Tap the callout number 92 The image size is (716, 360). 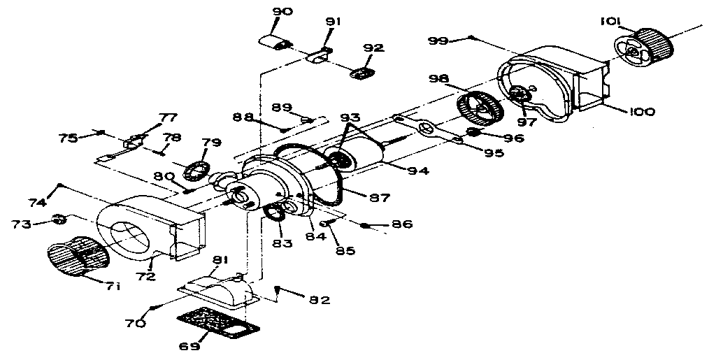click(373, 48)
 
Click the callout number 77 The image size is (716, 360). click(169, 117)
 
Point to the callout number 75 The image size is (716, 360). click(67, 138)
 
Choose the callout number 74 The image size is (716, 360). click(38, 202)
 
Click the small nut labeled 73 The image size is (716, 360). click(60, 221)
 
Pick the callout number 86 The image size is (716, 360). click(402, 224)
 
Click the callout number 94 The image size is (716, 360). click(419, 170)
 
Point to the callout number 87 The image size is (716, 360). click(380, 199)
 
